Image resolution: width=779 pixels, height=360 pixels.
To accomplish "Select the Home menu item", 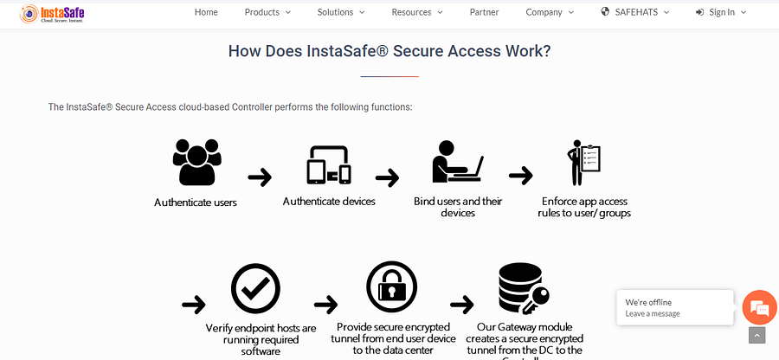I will click(206, 12).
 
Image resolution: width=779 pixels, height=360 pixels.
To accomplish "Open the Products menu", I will click(267, 12).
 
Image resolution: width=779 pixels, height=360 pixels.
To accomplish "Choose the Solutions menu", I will click(341, 12).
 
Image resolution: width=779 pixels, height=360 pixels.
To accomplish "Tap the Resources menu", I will click(416, 12).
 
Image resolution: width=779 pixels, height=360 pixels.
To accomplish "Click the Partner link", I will click(484, 12).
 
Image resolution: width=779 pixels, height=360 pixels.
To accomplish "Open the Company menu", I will click(550, 12).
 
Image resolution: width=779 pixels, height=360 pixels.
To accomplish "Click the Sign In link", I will click(720, 12).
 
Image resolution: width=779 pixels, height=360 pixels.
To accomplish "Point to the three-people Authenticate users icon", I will click(196, 162).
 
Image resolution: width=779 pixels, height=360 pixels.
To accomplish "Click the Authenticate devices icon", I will click(329, 164).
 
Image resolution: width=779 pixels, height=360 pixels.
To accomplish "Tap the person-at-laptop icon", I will click(457, 161).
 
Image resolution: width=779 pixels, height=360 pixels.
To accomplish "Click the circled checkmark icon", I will click(255, 291).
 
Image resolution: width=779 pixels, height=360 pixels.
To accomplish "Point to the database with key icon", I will click(522, 289).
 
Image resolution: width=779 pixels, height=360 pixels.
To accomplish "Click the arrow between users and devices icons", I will click(260, 177).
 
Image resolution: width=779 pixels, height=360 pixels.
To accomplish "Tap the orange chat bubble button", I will click(760, 308).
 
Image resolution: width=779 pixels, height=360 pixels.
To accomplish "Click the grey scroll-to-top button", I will click(757, 335).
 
